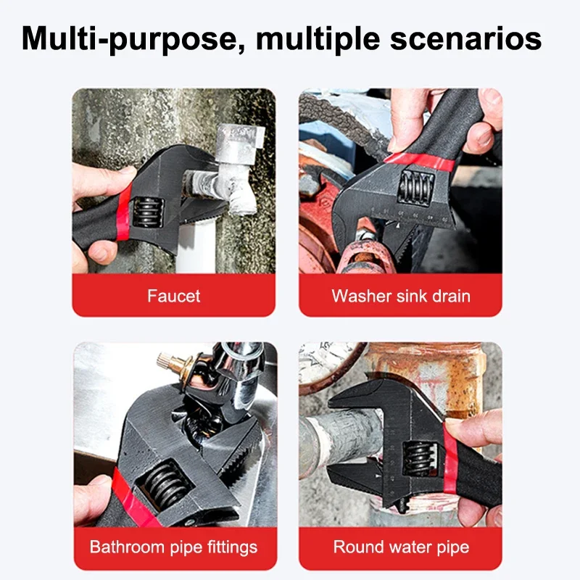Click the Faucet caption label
[173, 296]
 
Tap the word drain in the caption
[450, 296]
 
